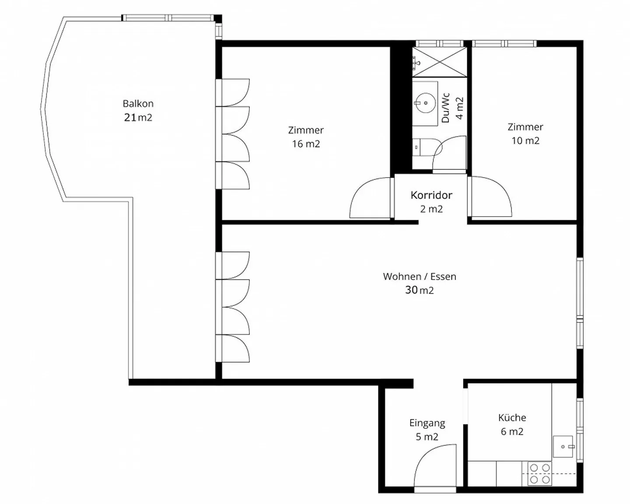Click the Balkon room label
(x=138, y=104)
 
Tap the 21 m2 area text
(x=138, y=117)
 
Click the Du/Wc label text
(x=446, y=108)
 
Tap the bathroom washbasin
(x=425, y=103)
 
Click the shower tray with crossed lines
(x=440, y=62)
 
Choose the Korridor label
(x=431, y=195)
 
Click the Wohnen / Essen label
(x=420, y=276)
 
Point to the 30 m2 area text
(x=420, y=290)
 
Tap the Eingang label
(x=427, y=423)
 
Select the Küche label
(x=512, y=418)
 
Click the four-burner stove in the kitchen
(x=539, y=474)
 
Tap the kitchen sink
(x=563, y=447)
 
